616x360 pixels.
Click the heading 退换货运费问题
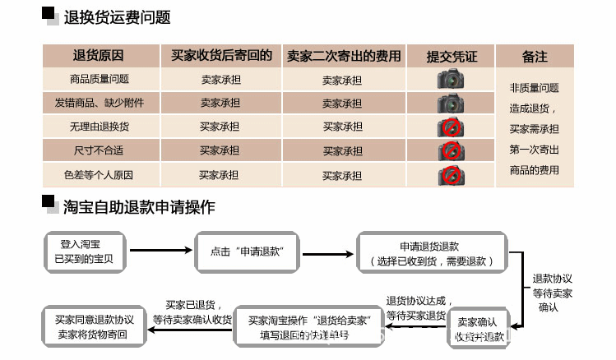[117, 17]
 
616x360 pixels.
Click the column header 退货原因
[98, 56]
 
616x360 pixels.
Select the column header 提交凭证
[452, 57]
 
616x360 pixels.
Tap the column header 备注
[534, 57]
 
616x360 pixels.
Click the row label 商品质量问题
[100, 80]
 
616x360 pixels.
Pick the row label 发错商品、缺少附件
[100, 103]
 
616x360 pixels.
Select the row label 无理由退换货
[100, 127]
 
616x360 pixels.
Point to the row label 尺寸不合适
[100, 150]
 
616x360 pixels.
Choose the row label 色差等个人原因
[100, 175]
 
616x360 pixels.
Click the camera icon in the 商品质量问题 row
[451, 80]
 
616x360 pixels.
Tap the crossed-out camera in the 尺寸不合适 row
[451, 151]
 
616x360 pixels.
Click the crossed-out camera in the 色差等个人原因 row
[451, 175]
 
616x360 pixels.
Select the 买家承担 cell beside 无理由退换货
[220, 127]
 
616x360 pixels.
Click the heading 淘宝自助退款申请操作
[139, 207]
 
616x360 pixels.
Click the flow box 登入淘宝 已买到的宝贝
[83, 252]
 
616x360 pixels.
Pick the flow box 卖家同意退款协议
[94, 326]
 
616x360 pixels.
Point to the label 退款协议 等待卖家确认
[552, 292]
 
